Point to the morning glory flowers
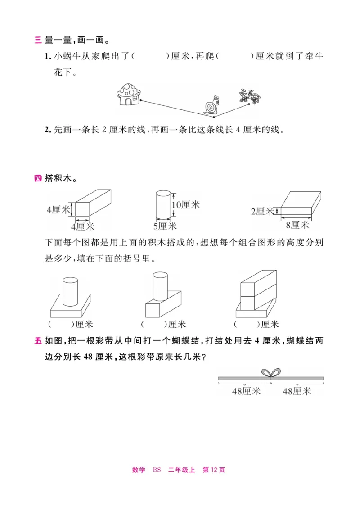point(250,96)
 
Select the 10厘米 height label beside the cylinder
point(185,205)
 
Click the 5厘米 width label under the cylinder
point(165,226)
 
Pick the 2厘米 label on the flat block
point(262,211)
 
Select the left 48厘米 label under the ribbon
point(246,391)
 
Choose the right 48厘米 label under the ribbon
point(297,391)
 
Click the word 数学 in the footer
point(139,470)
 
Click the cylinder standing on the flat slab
point(70,291)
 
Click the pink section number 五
point(38,341)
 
